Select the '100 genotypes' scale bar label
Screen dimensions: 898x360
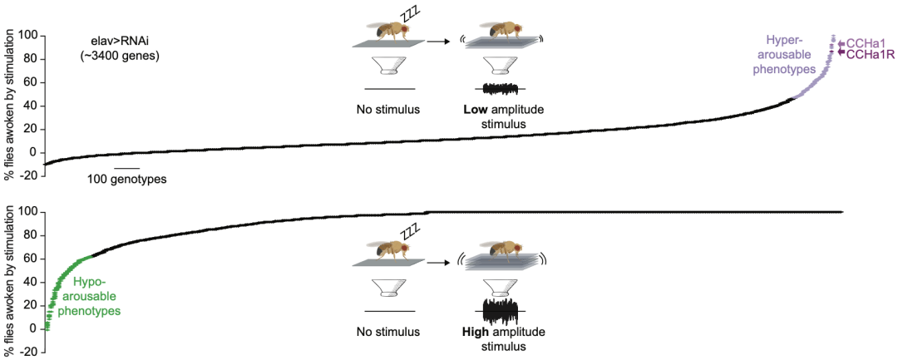click(126, 180)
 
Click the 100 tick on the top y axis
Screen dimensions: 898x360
click(29, 36)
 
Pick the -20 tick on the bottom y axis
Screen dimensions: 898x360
click(29, 352)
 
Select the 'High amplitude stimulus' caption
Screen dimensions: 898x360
click(501, 339)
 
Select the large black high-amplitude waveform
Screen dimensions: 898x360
click(501, 311)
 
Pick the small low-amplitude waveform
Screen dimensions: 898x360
click(501, 89)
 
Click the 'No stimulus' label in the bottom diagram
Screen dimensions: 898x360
click(389, 332)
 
